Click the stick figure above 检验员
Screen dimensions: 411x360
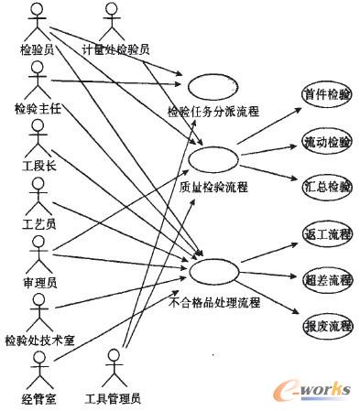tap(38, 20)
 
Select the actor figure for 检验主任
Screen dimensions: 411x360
tap(38, 82)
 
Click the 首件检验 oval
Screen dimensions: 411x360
tap(327, 95)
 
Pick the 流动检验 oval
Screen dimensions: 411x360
tap(327, 142)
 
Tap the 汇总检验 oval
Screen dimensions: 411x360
tap(327, 187)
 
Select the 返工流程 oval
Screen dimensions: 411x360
tap(327, 234)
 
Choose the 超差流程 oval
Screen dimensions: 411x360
tap(327, 280)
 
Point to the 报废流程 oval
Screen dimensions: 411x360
tap(327, 325)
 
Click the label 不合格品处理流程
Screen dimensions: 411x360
tap(215, 302)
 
